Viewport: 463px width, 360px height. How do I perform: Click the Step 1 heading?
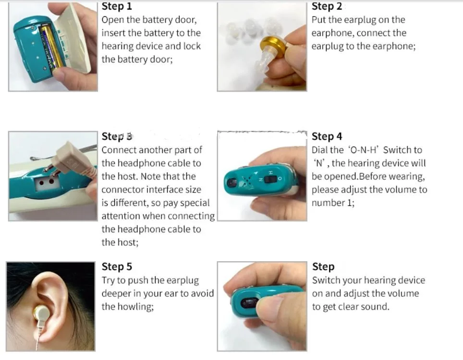coord(117,7)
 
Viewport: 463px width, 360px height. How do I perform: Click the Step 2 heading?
coord(327,6)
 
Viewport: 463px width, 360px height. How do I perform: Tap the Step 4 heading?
coord(327,137)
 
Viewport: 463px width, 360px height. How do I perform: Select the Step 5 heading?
coord(117,267)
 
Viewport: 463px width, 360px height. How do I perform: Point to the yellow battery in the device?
coord(51,48)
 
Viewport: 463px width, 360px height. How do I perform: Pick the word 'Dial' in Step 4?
coord(320,150)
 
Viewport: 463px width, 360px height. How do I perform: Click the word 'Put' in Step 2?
coord(319,20)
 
